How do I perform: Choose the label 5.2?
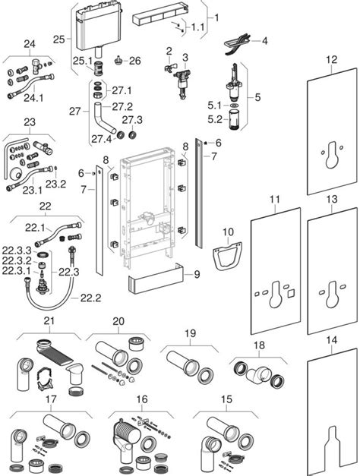[x=213, y=118]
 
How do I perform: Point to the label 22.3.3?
[x=14, y=249]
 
